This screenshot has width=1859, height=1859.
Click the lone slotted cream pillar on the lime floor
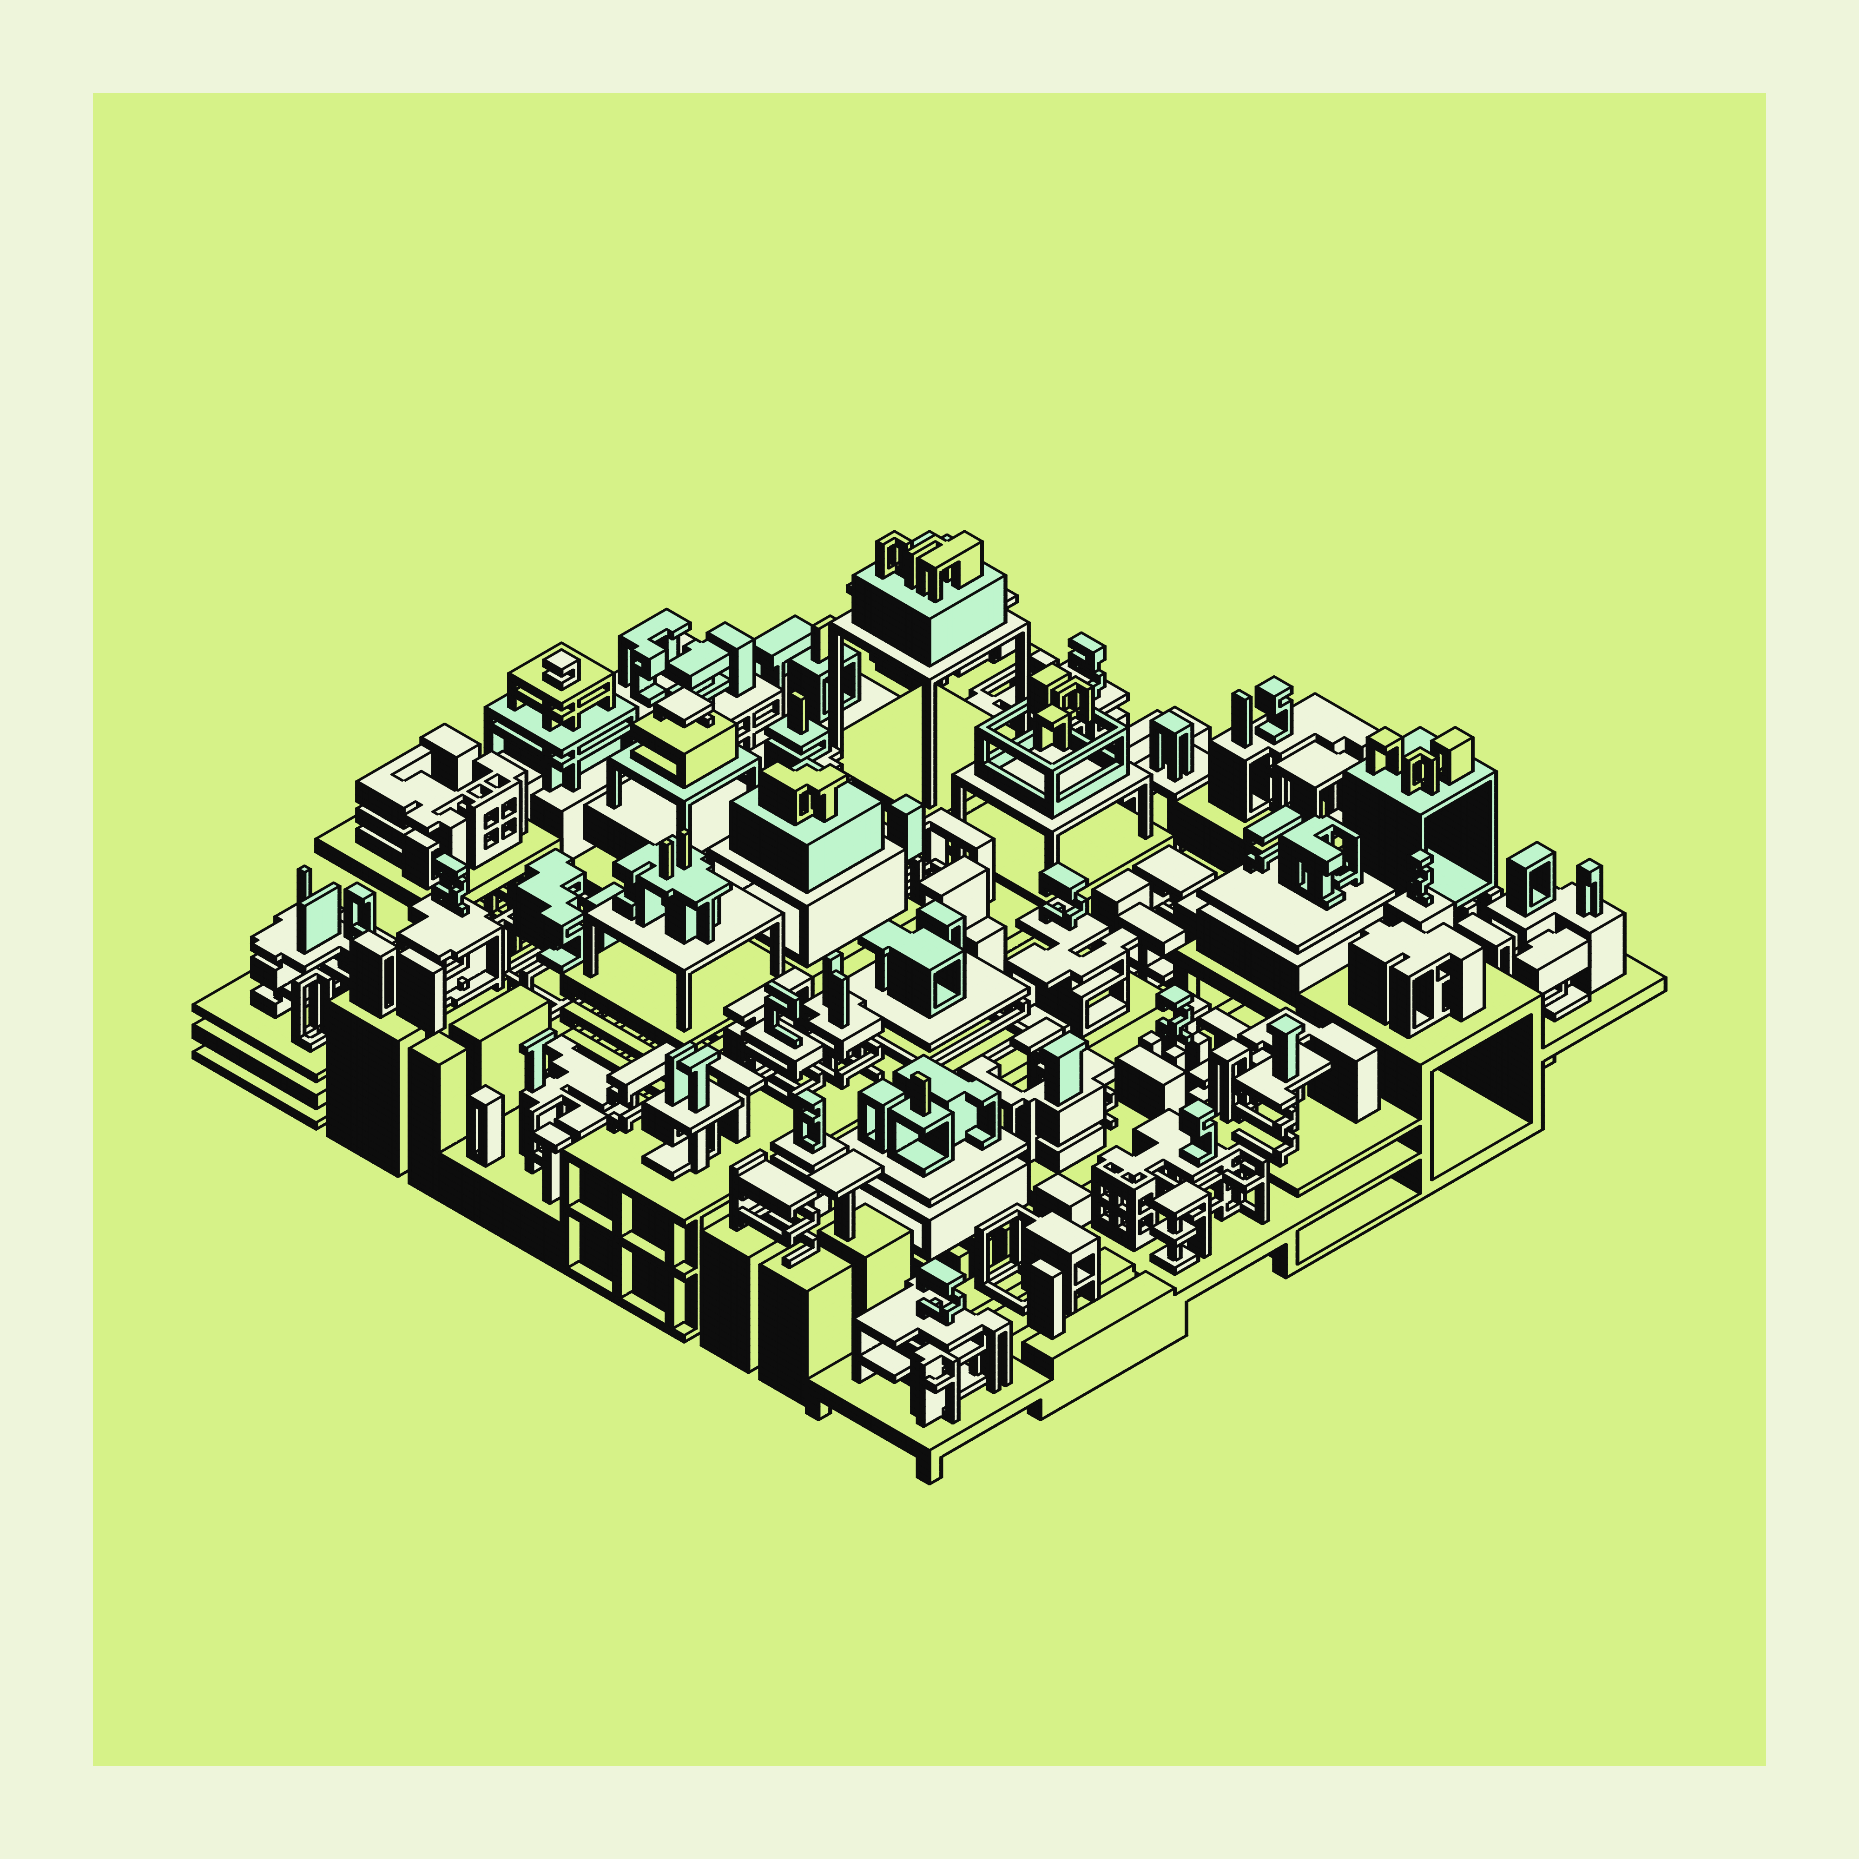(484, 1126)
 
